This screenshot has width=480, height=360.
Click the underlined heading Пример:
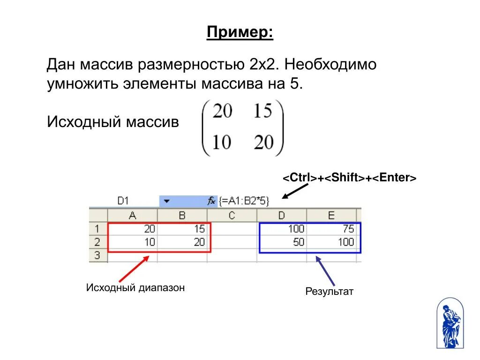(x=240, y=33)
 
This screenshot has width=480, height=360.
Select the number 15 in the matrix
(x=263, y=112)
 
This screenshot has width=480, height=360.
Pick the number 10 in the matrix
(x=222, y=141)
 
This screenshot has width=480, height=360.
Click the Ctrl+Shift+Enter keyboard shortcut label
(x=349, y=178)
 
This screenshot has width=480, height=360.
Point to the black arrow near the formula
(x=295, y=191)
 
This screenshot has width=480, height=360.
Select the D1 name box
(x=123, y=201)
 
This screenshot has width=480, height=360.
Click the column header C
(x=232, y=216)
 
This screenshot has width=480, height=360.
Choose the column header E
(x=331, y=216)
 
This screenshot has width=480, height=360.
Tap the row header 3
(x=97, y=255)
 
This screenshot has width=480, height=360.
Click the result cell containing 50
(x=282, y=242)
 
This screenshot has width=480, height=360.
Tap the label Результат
(x=329, y=292)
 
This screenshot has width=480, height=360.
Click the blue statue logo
(x=450, y=323)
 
